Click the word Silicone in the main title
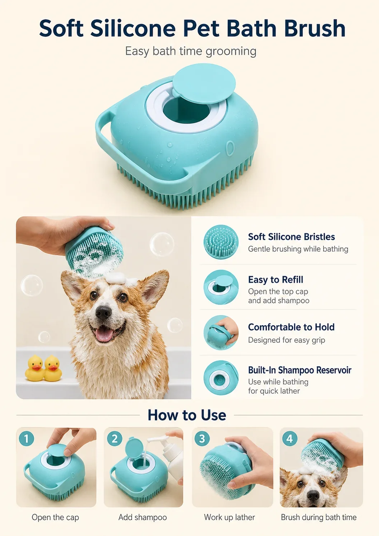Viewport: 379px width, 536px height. click(x=133, y=28)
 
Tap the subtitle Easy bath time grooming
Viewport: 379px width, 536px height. click(x=190, y=51)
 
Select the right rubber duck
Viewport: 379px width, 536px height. click(x=53, y=368)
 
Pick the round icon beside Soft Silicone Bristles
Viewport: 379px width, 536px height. click(x=221, y=242)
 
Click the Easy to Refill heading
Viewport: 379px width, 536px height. click(x=276, y=279)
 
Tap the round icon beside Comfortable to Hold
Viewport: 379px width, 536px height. click(x=221, y=333)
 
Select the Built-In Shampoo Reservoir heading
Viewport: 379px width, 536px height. click(x=300, y=370)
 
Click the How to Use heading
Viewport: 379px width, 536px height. click(x=187, y=415)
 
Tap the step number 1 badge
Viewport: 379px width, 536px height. click(x=26, y=439)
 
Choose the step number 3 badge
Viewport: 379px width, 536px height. click(x=202, y=439)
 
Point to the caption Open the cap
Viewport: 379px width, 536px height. click(x=55, y=517)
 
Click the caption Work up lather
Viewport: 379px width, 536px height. click(x=229, y=517)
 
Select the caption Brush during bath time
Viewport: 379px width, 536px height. click(x=319, y=517)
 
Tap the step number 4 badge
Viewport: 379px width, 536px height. click(x=290, y=439)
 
